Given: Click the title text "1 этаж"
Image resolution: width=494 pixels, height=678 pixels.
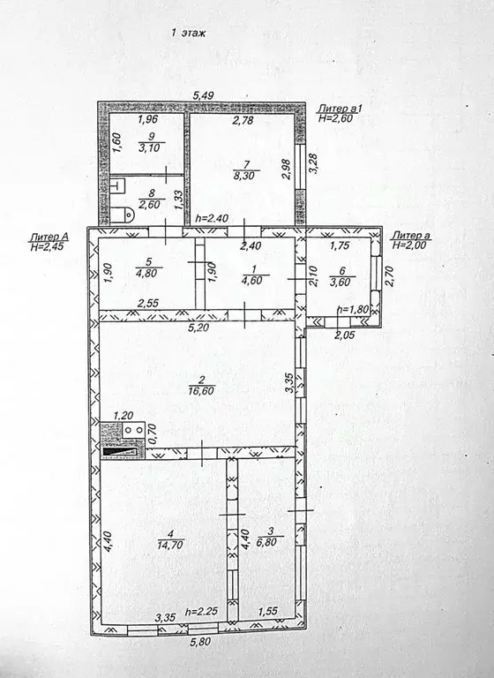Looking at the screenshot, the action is click(188, 34).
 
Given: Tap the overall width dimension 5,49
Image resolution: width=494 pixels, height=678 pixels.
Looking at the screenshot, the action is click(203, 96).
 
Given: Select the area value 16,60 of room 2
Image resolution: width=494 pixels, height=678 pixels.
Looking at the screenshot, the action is click(201, 391).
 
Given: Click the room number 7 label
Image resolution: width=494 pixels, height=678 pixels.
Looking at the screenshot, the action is click(247, 164).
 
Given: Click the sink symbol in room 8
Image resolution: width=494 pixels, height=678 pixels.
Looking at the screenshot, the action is click(118, 186).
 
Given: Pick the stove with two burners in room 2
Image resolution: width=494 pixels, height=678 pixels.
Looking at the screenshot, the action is click(133, 430).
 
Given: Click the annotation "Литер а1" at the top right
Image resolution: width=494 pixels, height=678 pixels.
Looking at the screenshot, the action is click(339, 108).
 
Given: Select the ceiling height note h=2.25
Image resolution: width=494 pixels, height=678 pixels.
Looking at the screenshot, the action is click(201, 612).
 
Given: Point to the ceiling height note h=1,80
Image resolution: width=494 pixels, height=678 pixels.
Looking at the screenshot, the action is click(353, 309).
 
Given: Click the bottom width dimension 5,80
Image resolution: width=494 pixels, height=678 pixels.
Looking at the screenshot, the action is click(200, 642).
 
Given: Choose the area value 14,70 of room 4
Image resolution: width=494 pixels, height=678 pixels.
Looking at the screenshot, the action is click(171, 545).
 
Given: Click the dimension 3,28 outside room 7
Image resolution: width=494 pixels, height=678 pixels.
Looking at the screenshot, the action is click(314, 164).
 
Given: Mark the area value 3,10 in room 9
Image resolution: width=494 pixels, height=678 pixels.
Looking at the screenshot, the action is click(150, 147).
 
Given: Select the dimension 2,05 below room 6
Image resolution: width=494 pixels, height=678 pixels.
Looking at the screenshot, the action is click(344, 334).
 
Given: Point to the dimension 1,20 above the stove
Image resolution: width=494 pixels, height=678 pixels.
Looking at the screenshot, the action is click(123, 416).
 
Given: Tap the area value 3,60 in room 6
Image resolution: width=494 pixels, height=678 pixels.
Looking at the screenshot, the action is click(340, 282).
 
